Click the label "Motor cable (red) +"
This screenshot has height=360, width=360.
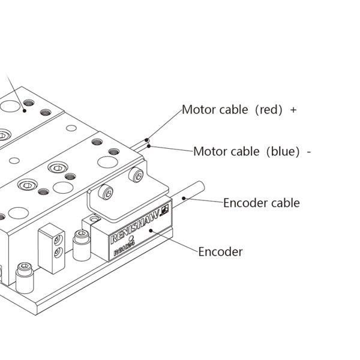click(239, 110)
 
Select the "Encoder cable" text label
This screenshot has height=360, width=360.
click(261, 203)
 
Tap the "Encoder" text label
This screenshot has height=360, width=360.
click(220, 252)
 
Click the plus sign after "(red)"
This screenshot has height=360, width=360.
click(293, 110)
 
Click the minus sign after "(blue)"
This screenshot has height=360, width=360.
click(308, 152)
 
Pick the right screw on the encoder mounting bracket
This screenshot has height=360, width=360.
click(137, 176)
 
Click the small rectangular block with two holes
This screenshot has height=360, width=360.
click(51, 247)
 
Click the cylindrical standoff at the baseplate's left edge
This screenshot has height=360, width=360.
click(25, 278)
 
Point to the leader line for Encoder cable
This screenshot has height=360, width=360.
click(204, 200)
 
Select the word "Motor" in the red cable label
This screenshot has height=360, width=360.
click(197, 110)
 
